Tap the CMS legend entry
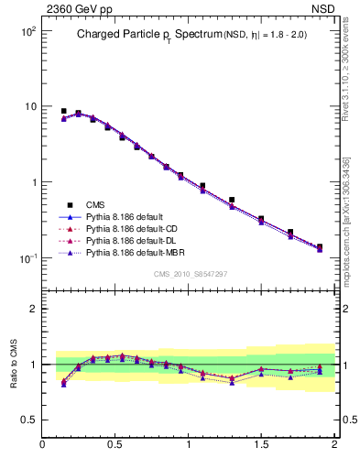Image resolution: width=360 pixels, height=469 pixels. click(96, 205)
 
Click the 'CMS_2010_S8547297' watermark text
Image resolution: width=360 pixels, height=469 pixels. click(190, 274)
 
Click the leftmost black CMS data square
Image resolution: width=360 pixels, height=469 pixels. click(63, 111)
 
